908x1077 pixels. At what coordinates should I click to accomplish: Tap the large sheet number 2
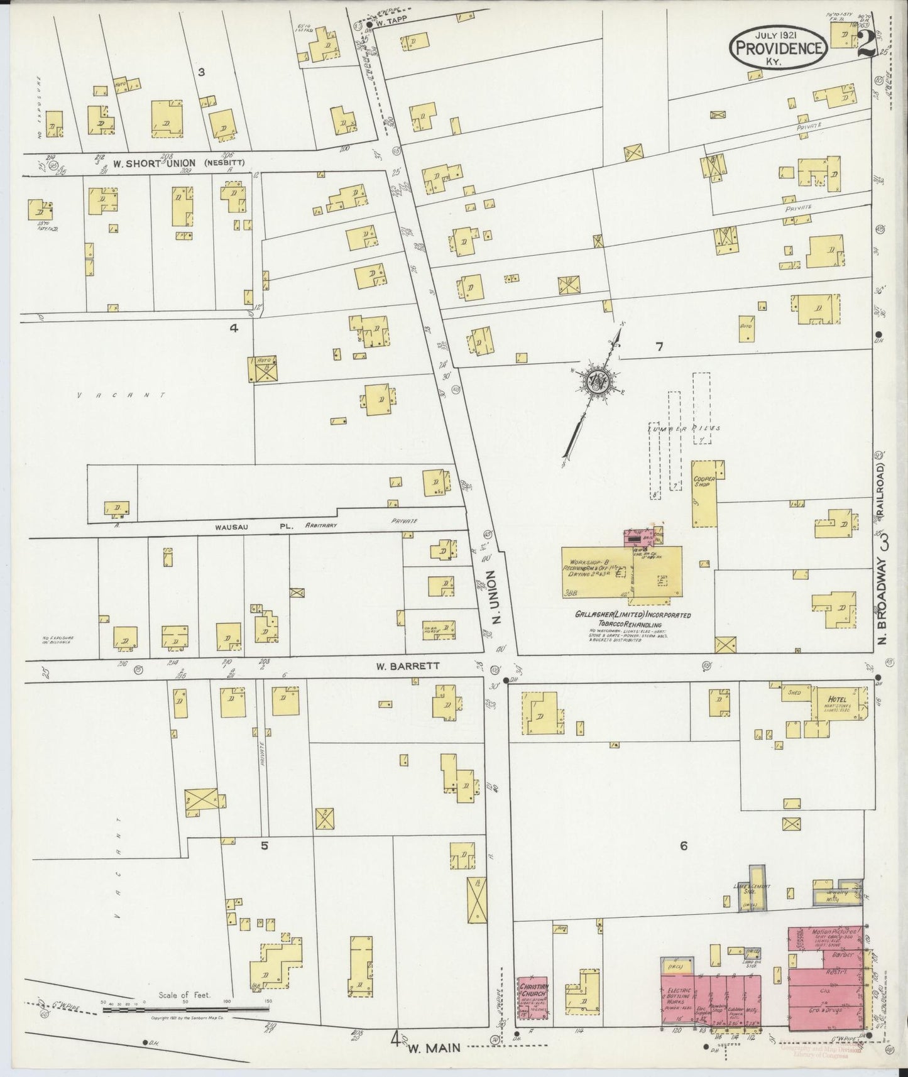click(x=865, y=43)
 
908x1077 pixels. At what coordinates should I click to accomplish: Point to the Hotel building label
click(x=837, y=699)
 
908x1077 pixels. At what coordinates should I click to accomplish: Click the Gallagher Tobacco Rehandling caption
click(x=633, y=619)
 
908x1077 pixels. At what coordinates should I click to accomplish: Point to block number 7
click(x=659, y=347)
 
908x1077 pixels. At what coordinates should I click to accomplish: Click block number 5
click(x=265, y=845)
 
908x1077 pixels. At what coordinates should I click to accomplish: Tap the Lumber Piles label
click(x=684, y=428)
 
